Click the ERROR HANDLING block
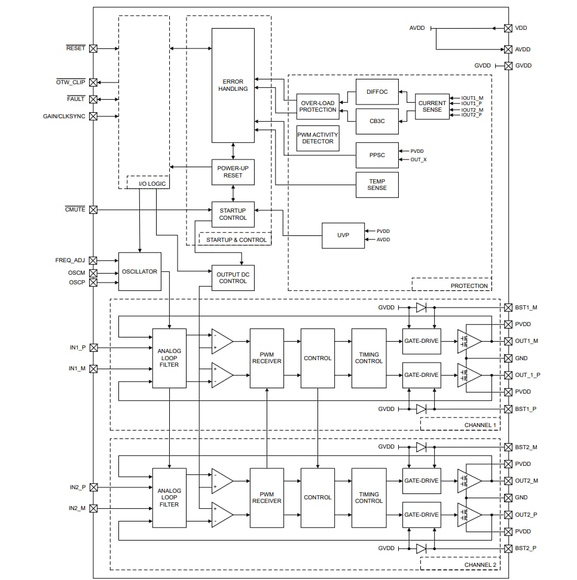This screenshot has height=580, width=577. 233,85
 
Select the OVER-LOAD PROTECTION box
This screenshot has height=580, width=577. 317,106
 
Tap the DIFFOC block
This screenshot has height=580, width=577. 377,92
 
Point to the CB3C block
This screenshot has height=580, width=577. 377,121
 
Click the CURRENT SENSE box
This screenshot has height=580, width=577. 432,106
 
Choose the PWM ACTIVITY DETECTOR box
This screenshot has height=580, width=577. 317,138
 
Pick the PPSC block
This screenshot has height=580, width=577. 377,155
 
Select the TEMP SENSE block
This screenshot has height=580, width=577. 377,185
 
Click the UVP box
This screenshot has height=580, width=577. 343,235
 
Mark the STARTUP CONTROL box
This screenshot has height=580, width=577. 233,214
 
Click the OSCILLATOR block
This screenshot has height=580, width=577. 139,272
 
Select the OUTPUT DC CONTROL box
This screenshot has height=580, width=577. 233,278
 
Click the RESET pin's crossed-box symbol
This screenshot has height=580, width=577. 93,49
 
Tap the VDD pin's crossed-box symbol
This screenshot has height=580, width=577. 508,28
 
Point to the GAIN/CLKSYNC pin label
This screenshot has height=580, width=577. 64,116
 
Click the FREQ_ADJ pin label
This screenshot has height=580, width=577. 70,260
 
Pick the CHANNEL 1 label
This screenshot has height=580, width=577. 480,425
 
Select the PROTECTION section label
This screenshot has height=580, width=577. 469,286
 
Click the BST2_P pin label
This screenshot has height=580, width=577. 526,548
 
